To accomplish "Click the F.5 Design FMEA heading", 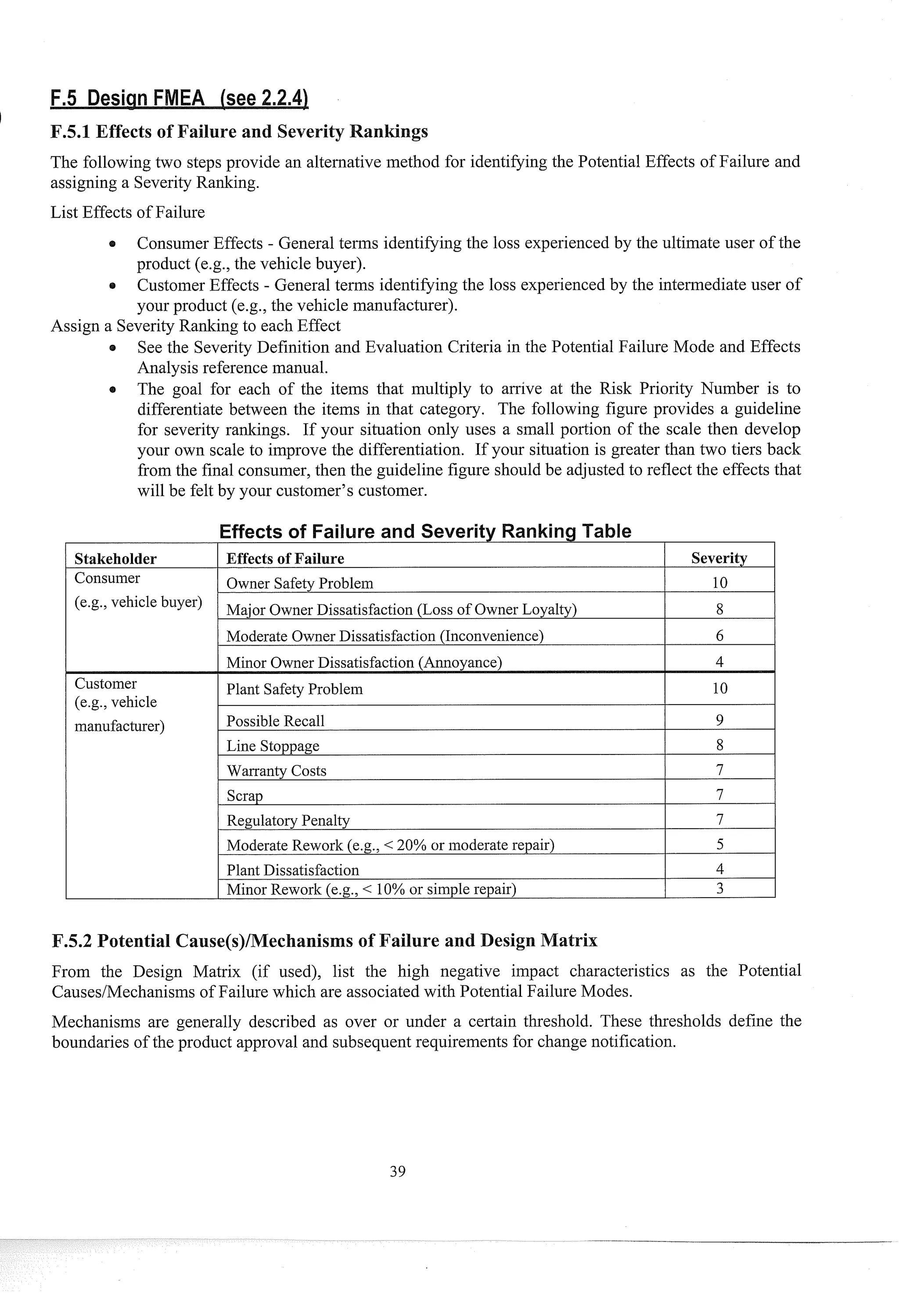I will tap(179, 98).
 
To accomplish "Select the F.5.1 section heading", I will tap(239, 131).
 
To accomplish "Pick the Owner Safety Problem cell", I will tap(300, 583).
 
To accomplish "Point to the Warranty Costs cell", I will tap(276, 770).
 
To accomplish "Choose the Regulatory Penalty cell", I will tap(288, 820).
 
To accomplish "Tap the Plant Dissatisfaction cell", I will tap(292, 870).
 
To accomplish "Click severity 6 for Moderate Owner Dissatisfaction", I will tap(719, 635).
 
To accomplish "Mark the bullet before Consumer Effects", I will tap(113, 244).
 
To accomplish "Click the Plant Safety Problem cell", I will tap(294, 689).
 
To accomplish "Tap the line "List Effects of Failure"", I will tap(127, 212).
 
